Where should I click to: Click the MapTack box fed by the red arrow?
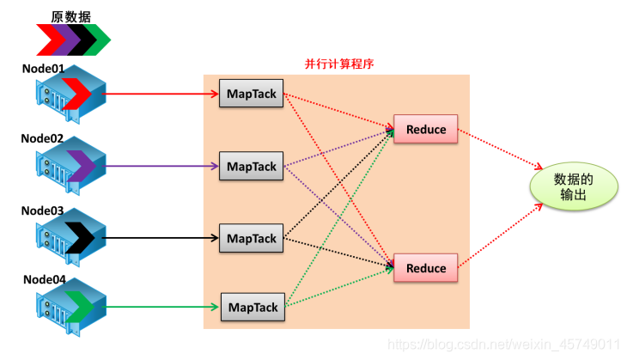pos(253,94)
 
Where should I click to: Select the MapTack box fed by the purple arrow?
pos(253,166)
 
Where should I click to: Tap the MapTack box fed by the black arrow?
pos(253,238)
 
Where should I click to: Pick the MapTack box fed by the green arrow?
pos(253,307)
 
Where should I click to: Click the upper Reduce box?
pos(426,130)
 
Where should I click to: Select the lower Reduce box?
pos(426,268)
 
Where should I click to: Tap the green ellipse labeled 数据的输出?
pos(574,186)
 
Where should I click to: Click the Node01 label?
pos(44,68)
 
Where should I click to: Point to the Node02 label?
pos(44,137)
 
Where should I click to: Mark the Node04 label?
pos(44,280)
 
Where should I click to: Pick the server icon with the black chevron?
pos(70,236)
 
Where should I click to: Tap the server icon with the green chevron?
pos(70,306)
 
